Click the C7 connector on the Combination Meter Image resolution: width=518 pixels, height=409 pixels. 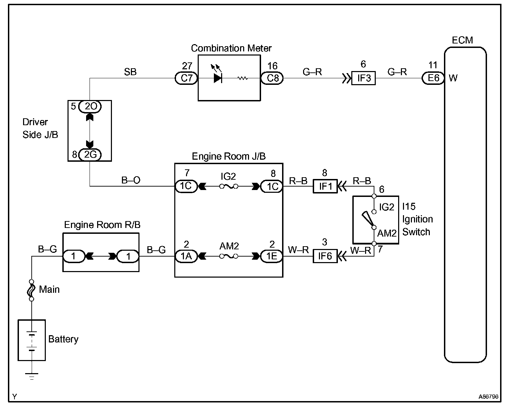coord(186,78)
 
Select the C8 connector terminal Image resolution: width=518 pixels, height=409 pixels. coord(272,78)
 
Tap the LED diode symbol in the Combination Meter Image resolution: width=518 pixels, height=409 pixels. coord(217,78)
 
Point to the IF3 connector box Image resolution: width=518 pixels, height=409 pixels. coord(363,78)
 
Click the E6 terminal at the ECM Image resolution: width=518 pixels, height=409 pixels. coord(433,78)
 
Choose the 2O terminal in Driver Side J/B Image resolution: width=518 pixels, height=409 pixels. coord(90,107)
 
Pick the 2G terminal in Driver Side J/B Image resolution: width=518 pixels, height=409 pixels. coord(90,154)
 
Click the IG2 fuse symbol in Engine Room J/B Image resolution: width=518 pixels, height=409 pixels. coord(228,187)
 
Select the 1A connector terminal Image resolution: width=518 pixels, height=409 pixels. coord(186,256)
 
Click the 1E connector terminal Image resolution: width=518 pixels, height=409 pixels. coord(272,256)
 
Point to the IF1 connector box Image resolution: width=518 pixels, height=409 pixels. coord(325,187)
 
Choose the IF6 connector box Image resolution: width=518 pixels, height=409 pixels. coord(325,256)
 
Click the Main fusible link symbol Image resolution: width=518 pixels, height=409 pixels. coord(31,290)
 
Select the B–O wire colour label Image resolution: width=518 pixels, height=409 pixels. coord(131,180)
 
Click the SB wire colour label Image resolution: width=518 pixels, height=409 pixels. coord(130,72)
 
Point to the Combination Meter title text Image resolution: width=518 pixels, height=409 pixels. coord(231,48)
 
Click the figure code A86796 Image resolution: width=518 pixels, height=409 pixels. coord(488,397)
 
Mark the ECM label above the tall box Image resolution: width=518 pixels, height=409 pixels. coord(462,40)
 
